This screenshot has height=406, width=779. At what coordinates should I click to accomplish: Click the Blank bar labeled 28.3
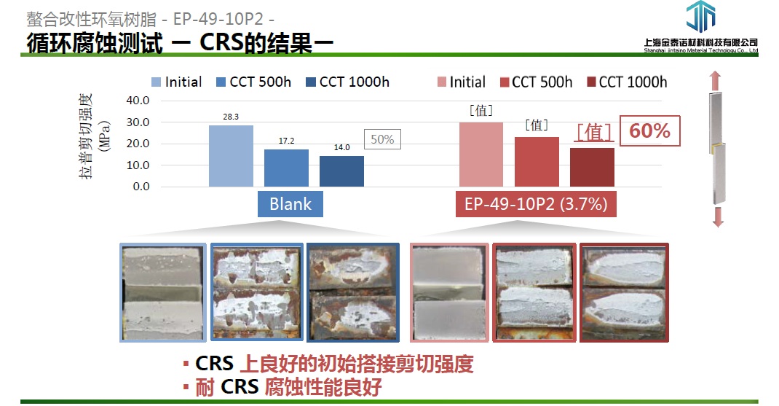pyautogui.click(x=231, y=156)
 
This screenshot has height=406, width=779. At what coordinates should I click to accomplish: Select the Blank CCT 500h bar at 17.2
pyautogui.click(x=286, y=168)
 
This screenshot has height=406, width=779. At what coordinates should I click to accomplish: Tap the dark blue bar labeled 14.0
pyautogui.click(x=341, y=171)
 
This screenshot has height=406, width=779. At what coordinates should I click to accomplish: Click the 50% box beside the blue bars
pyautogui.click(x=382, y=139)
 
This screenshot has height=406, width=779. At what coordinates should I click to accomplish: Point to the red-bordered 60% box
pyautogui.click(x=650, y=131)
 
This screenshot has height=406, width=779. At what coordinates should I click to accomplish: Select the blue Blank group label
pyautogui.click(x=290, y=204)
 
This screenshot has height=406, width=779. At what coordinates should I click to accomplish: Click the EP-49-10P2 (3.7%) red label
pyautogui.click(x=536, y=204)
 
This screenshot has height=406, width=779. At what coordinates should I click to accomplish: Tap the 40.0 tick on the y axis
pyautogui.click(x=138, y=101)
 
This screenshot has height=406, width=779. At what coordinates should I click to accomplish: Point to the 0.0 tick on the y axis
pyautogui.click(x=141, y=187)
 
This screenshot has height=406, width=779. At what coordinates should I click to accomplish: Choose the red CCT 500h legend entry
pyautogui.click(x=536, y=82)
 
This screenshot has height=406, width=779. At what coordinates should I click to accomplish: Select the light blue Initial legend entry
pyautogui.click(x=177, y=82)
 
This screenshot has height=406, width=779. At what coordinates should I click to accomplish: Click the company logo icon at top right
pyautogui.click(x=700, y=17)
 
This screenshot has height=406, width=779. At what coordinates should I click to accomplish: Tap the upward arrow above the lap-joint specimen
pyautogui.click(x=715, y=81)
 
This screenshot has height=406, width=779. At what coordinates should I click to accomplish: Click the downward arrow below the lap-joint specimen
pyautogui.click(x=717, y=217)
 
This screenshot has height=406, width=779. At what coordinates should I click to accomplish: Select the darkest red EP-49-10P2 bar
pyautogui.click(x=592, y=167)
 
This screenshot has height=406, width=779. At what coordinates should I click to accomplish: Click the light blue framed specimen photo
pyautogui.click(x=163, y=292)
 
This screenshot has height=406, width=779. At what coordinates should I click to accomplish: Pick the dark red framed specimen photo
pyautogui.click(x=624, y=292)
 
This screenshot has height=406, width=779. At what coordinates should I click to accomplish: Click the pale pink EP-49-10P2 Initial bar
pyautogui.click(x=481, y=155)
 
